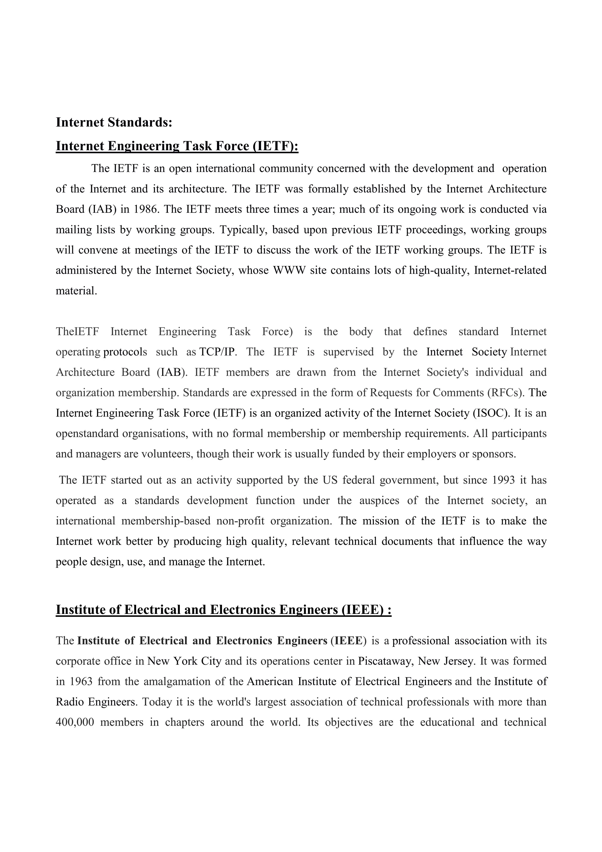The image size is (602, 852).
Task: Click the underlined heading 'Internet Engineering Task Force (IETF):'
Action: pos(177,146)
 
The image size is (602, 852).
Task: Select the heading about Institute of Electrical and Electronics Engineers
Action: pos(223,610)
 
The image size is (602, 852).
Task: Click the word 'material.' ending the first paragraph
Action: pos(76,290)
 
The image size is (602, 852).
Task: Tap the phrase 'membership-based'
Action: pos(166,521)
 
